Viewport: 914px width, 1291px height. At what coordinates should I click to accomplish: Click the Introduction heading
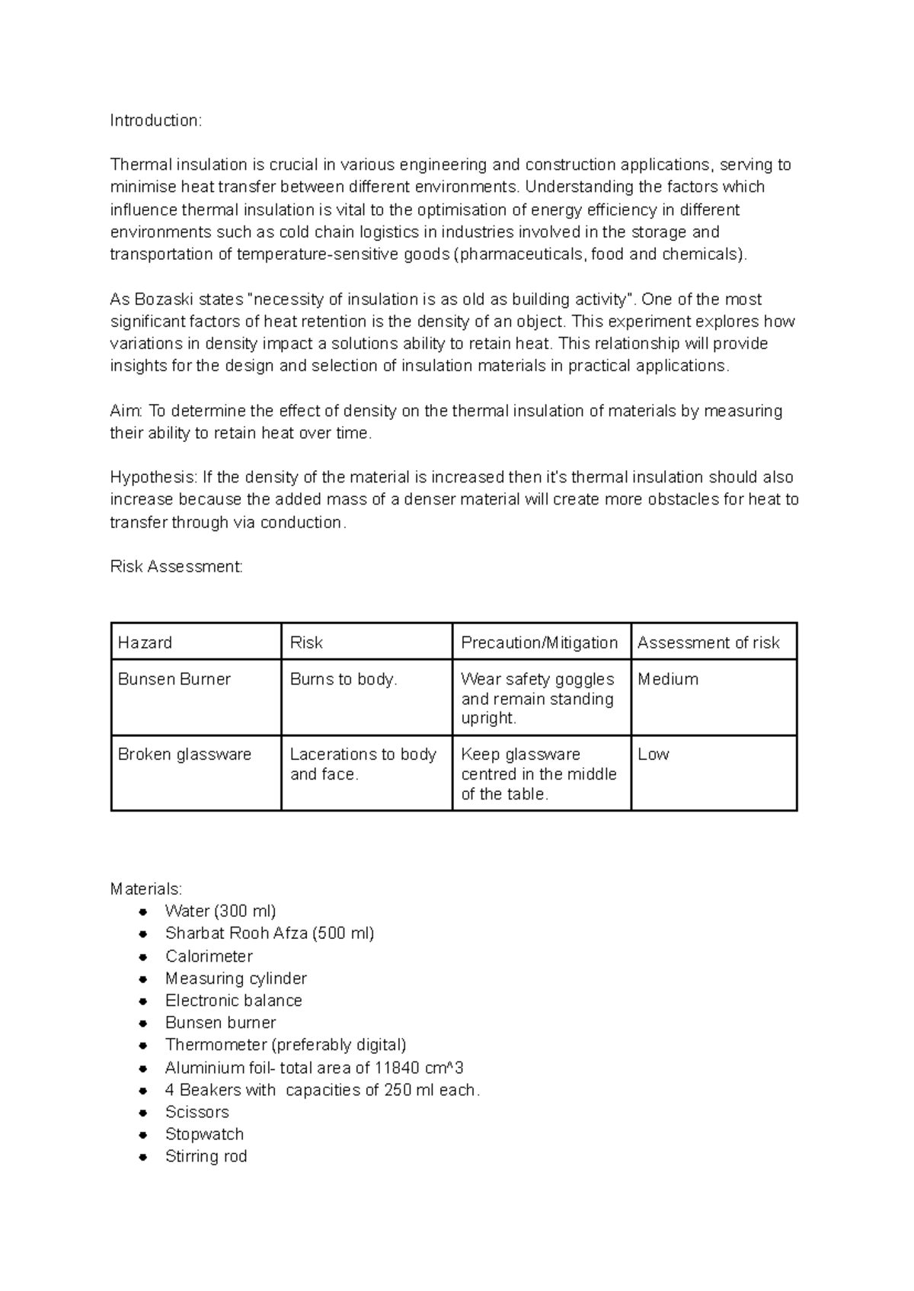pos(155,120)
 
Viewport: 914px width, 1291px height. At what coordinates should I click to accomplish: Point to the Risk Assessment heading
pos(176,566)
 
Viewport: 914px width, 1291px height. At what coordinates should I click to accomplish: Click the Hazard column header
pos(145,642)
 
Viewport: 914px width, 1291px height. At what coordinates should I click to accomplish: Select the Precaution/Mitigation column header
pos(539,642)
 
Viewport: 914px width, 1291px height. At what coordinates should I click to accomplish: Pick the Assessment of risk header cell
pos(708,642)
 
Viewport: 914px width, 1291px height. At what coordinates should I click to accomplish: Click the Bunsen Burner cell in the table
pos(174,679)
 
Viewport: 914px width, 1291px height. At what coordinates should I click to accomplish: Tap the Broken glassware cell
pos(184,754)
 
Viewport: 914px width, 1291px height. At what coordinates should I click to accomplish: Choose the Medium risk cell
pos(668,679)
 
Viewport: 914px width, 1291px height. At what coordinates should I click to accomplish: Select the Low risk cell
pos(654,754)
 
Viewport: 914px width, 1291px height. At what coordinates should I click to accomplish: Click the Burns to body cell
pos(344,679)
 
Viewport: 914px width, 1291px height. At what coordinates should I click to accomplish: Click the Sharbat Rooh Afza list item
pos(269,934)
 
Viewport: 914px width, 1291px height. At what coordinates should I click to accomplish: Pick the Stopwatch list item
pos(204,1134)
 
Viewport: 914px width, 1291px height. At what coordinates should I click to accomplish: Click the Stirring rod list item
pos(206,1156)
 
